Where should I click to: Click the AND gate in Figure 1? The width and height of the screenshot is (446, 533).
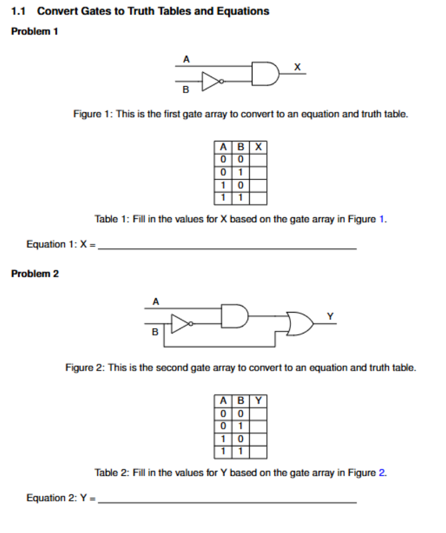pyautogui.click(x=265, y=74)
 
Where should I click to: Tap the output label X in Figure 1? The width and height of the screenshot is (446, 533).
pyautogui.click(x=298, y=66)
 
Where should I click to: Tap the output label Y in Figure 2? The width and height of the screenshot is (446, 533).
pyautogui.click(x=330, y=316)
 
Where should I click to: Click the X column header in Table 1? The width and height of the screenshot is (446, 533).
pyautogui.click(x=259, y=146)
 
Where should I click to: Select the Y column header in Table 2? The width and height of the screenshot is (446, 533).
pyautogui.click(x=259, y=400)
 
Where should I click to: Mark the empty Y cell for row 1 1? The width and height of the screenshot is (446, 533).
pyautogui.click(x=259, y=452)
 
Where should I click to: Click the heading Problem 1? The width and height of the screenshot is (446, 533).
pyautogui.click(x=35, y=31)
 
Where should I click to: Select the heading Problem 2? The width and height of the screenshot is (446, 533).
pyautogui.click(x=35, y=273)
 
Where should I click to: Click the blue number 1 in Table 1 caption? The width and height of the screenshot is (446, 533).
pyautogui.click(x=381, y=219)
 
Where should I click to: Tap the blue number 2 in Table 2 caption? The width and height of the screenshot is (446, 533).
pyautogui.click(x=382, y=473)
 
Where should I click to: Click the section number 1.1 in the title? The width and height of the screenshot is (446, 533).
pyautogui.click(x=19, y=11)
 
